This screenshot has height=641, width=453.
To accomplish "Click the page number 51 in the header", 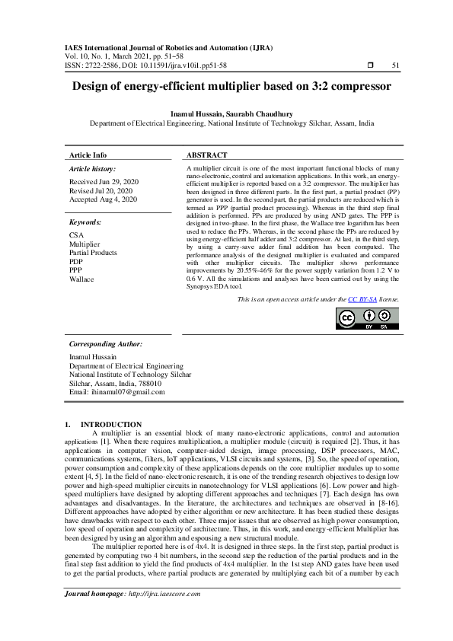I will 395,65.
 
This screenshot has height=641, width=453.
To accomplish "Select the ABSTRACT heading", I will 207,155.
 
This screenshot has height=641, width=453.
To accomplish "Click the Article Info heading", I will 88,155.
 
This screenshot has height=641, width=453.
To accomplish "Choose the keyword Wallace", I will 81,279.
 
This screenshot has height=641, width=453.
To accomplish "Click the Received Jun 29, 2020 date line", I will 104,183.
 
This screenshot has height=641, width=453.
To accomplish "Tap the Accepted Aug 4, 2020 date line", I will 104,199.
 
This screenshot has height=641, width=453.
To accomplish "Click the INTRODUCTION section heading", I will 111,424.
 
